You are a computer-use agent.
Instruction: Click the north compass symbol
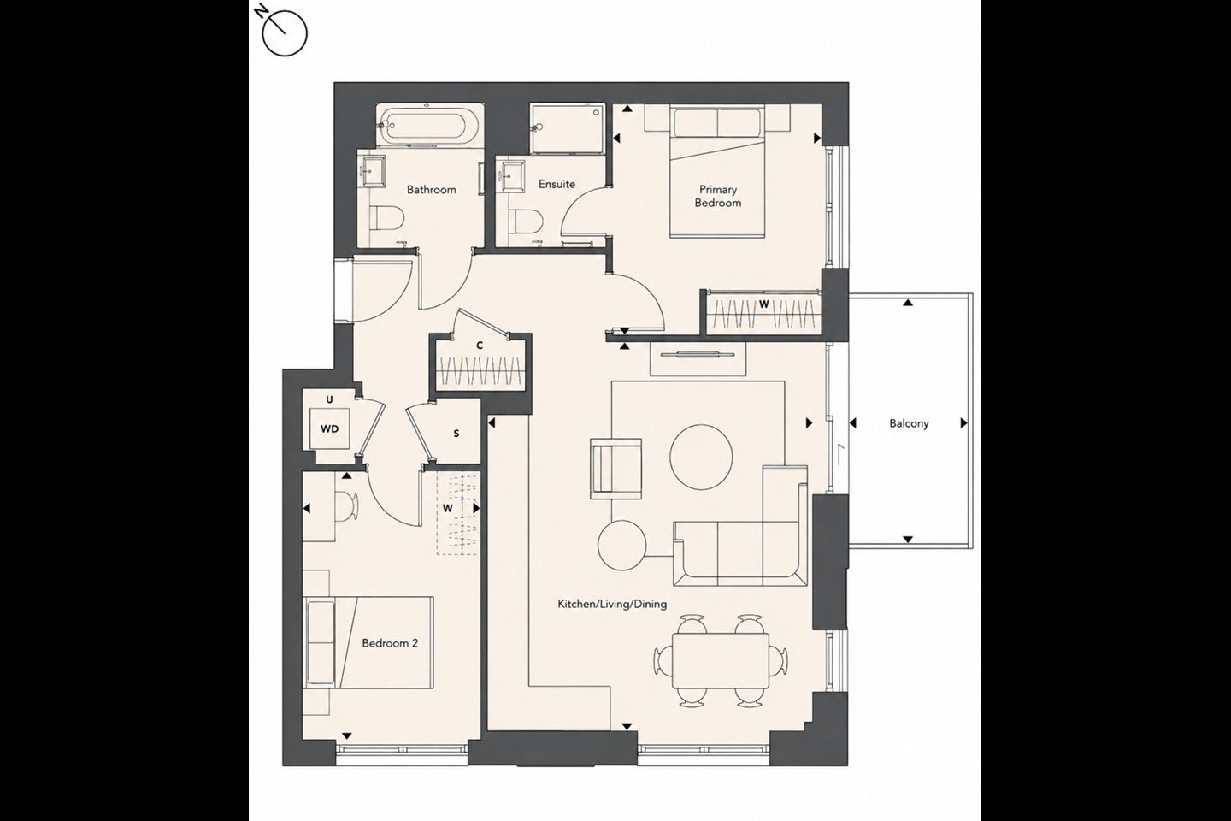[284, 33]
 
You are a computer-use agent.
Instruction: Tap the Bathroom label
[432, 190]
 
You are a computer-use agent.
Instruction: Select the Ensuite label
[557, 184]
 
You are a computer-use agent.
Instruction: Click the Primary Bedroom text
[718, 197]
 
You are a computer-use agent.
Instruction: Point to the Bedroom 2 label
[390, 643]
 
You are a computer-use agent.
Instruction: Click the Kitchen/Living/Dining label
[612, 604]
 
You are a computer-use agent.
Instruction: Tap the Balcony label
[909, 423]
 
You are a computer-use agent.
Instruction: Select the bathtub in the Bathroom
[430, 126]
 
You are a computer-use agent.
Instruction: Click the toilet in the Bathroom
[387, 218]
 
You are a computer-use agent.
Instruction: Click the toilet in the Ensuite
[526, 221]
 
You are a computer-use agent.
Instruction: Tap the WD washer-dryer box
[330, 429]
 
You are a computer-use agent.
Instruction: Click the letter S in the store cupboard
[456, 434]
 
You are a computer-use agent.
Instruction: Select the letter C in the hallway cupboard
[480, 346]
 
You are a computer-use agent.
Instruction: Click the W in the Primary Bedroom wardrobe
[763, 304]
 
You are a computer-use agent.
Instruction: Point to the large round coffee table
[701, 457]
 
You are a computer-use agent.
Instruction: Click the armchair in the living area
[616, 469]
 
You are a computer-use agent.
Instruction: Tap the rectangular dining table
[721, 660]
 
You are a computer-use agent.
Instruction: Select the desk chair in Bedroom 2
[347, 505]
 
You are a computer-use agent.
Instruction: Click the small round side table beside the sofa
[622, 545]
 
